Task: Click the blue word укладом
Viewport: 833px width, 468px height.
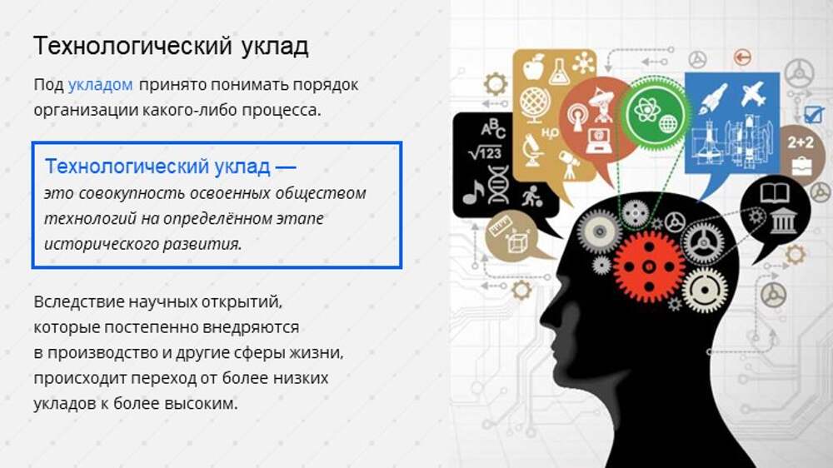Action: (x=101, y=85)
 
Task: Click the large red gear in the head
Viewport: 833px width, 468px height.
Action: (x=649, y=266)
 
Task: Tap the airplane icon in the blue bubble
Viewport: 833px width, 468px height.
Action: (x=754, y=95)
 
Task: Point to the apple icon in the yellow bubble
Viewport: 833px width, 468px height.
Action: (x=534, y=67)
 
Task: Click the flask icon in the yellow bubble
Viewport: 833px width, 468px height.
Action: (x=558, y=72)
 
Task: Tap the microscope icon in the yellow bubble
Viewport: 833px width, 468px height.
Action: (x=532, y=150)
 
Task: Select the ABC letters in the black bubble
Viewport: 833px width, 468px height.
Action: (x=492, y=128)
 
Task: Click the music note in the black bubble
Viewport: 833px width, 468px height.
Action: (x=473, y=192)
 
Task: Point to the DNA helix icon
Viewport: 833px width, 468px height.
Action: (x=498, y=184)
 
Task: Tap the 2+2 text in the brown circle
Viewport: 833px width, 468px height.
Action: (x=800, y=142)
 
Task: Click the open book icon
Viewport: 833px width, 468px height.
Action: (x=775, y=193)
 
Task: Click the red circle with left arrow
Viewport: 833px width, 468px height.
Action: (x=742, y=57)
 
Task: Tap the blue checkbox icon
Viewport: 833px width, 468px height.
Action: (x=813, y=114)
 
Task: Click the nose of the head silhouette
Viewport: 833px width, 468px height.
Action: (x=542, y=321)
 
